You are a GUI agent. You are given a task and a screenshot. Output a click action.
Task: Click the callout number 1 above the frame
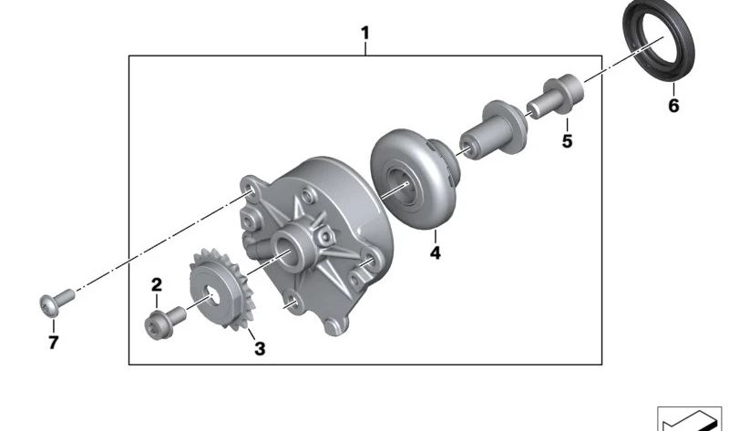click(365, 33)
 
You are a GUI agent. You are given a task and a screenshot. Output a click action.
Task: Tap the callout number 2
click(157, 284)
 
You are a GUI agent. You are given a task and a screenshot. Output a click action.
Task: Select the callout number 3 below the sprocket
click(260, 348)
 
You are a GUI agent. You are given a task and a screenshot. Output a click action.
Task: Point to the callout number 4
click(436, 253)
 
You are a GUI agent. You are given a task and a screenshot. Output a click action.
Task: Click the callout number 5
click(567, 141)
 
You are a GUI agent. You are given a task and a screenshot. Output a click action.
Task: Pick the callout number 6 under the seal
click(673, 106)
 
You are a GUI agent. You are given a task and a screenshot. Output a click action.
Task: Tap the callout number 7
click(54, 344)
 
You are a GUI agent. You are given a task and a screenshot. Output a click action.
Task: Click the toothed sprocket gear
click(221, 289)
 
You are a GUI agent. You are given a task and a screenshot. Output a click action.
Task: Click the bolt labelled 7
click(56, 303)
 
